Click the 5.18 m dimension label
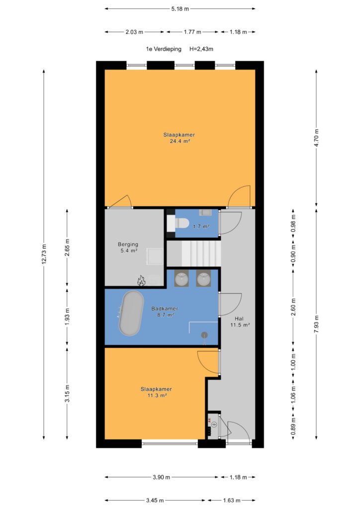[180, 9]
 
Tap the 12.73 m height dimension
[44, 254]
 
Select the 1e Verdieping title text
[163, 49]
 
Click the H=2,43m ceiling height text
[201, 49]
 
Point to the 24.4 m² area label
[180, 141]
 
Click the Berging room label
[128, 244]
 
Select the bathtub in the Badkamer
[131, 313]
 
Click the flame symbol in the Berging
[141, 280]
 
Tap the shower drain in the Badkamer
[204, 335]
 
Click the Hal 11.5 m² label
[240, 322]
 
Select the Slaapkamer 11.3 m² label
[156, 392]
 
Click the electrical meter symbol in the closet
[214, 424]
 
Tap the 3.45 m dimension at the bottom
[155, 500]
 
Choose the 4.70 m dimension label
[317, 138]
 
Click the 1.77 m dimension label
[192, 32]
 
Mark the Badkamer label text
[165, 309]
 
